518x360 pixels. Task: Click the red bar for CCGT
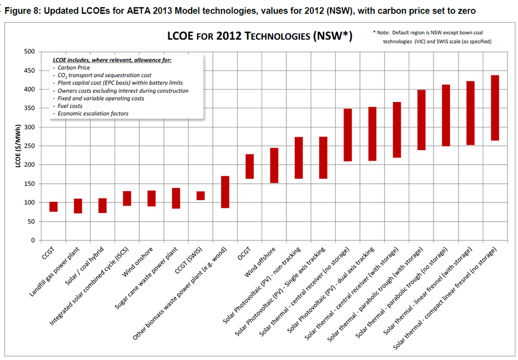tap(53, 207)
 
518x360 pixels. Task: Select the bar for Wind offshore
tap(274, 165)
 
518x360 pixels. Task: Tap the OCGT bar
tap(250, 166)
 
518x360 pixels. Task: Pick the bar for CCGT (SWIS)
tap(200, 196)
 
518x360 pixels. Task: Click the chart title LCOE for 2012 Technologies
tap(260, 36)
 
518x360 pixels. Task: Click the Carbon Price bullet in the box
tap(74, 68)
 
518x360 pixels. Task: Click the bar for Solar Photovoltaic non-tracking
tap(298, 158)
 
